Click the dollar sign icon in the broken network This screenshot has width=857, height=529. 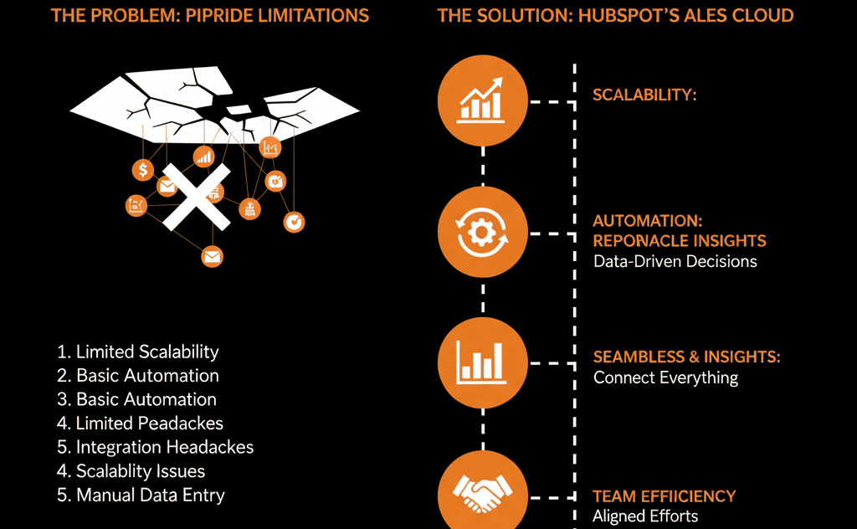coord(143,171)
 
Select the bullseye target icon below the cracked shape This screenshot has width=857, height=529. coord(295,221)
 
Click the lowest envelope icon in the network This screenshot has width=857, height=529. coord(213,256)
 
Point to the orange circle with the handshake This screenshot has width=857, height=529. coord(482,493)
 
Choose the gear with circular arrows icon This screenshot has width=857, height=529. coord(482,233)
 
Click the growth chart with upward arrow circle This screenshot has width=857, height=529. coord(482,100)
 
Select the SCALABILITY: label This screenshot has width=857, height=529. coord(644,95)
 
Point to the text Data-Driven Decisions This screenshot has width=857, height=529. coord(675,261)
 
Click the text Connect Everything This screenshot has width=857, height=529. coord(665,377)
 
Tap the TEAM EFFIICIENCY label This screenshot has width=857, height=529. coord(664,496)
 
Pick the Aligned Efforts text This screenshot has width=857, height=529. coord(644,516)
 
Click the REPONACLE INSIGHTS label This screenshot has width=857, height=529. coord(679,241)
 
